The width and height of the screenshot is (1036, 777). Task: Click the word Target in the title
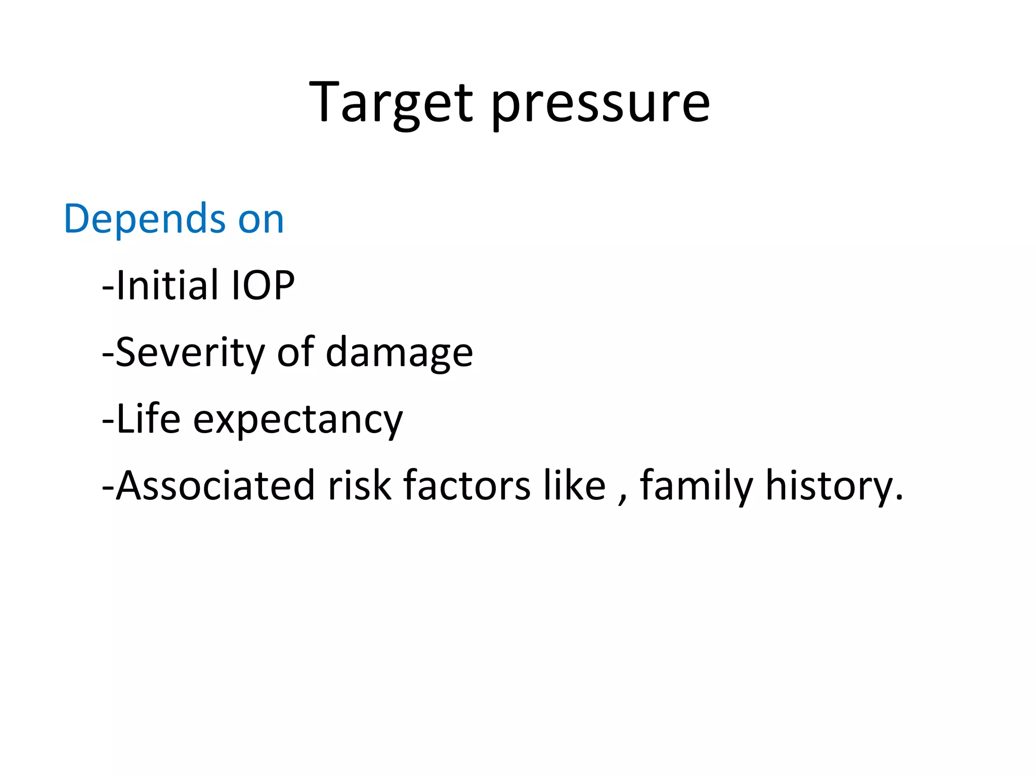point(391,104)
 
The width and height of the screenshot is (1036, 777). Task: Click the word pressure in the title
point(600,106)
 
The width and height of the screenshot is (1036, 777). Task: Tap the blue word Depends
point(145,219)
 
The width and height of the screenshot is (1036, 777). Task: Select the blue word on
point(261,222)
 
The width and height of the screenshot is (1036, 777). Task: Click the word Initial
point(170,285)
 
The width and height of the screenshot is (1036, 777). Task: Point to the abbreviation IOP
point(263,286)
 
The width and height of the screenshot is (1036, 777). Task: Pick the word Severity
point(190,353)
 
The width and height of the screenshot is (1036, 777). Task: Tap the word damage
point(399,354)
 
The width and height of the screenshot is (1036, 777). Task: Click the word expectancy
point(298,421)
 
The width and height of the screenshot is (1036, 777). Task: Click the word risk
point(360,486)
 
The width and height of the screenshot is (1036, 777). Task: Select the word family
point(697,487)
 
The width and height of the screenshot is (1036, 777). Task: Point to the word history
point(829,487)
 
